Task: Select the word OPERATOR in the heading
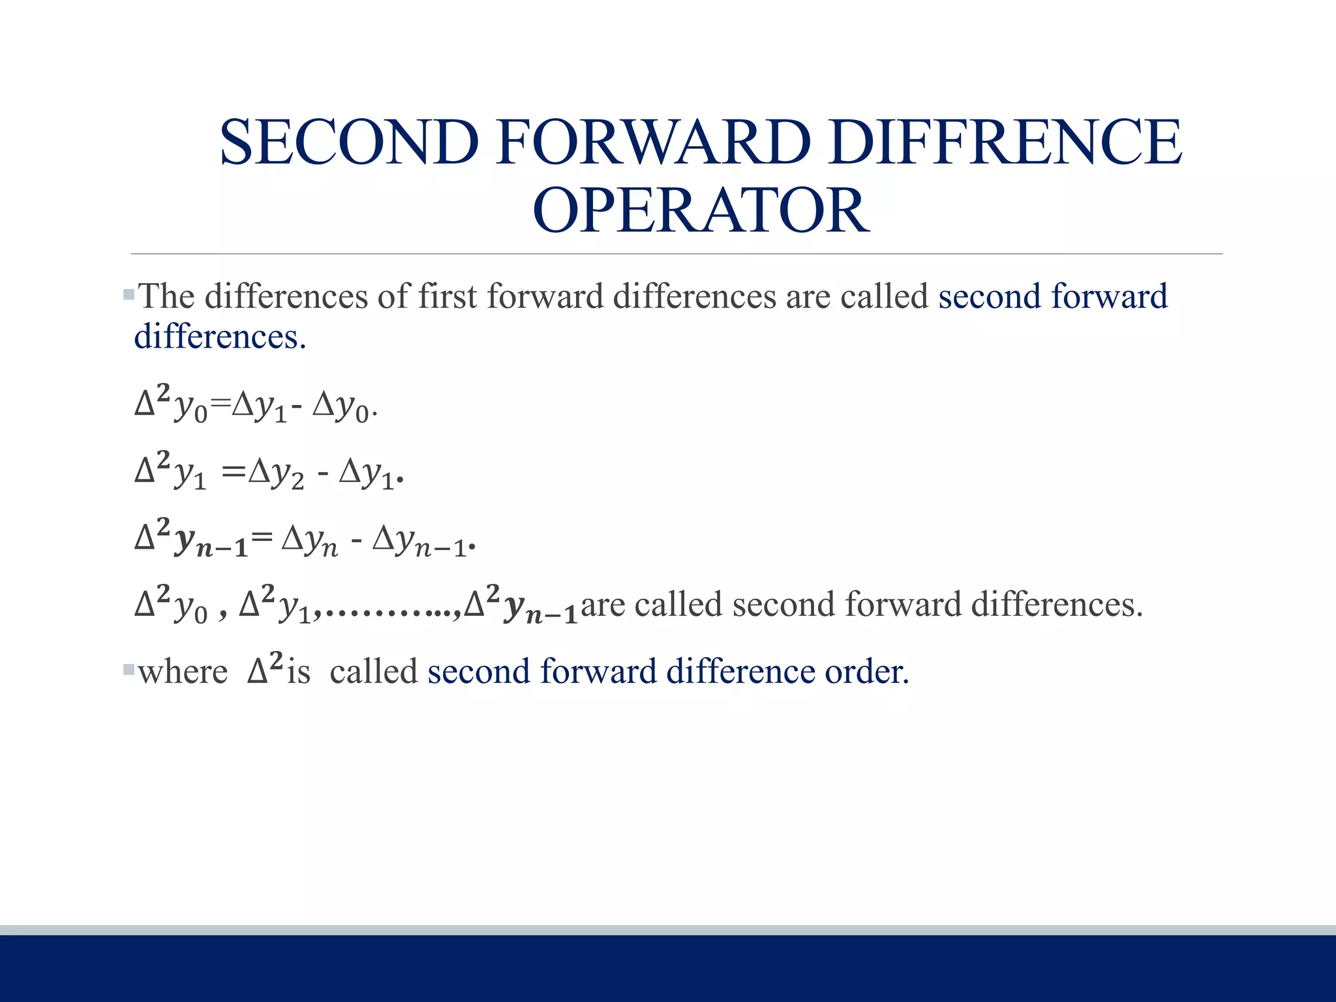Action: click(701, 211)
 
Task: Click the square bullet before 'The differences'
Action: click(129, 296)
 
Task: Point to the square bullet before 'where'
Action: click(129, 669)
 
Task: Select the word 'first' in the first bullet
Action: click(448, 297)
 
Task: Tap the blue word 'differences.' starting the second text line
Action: click(220, 337)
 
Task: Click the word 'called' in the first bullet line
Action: click(884, 297)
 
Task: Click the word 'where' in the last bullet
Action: click(183, 672)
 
